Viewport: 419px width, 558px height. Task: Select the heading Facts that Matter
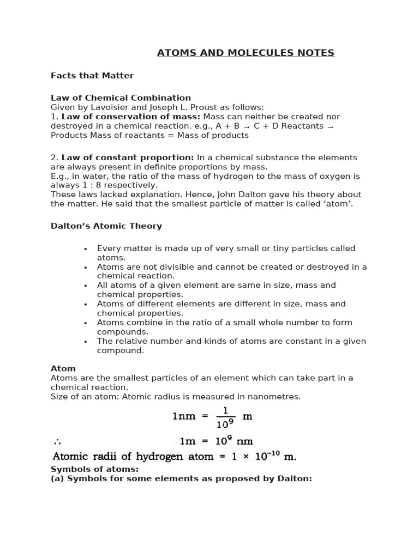click(x=92, y=76)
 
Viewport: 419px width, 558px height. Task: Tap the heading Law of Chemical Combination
click(x=121, y=98)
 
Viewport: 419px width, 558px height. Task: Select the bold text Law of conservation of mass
click(x=131, y=117)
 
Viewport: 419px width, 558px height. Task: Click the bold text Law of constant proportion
click(x=128, y=157)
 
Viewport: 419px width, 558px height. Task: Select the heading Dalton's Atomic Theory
click(x=106, y=226)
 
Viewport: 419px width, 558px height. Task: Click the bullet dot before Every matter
click(x=86, y=249)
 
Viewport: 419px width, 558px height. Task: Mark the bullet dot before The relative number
click(x=86, y=342)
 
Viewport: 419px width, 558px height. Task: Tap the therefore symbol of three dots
click(x=57, y=441)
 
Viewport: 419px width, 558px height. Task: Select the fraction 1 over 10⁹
click(x=225, y=417)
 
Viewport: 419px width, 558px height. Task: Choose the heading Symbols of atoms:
click(x=94, y=469)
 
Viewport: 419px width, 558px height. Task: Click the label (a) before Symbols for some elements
click(x=57, y=479)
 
